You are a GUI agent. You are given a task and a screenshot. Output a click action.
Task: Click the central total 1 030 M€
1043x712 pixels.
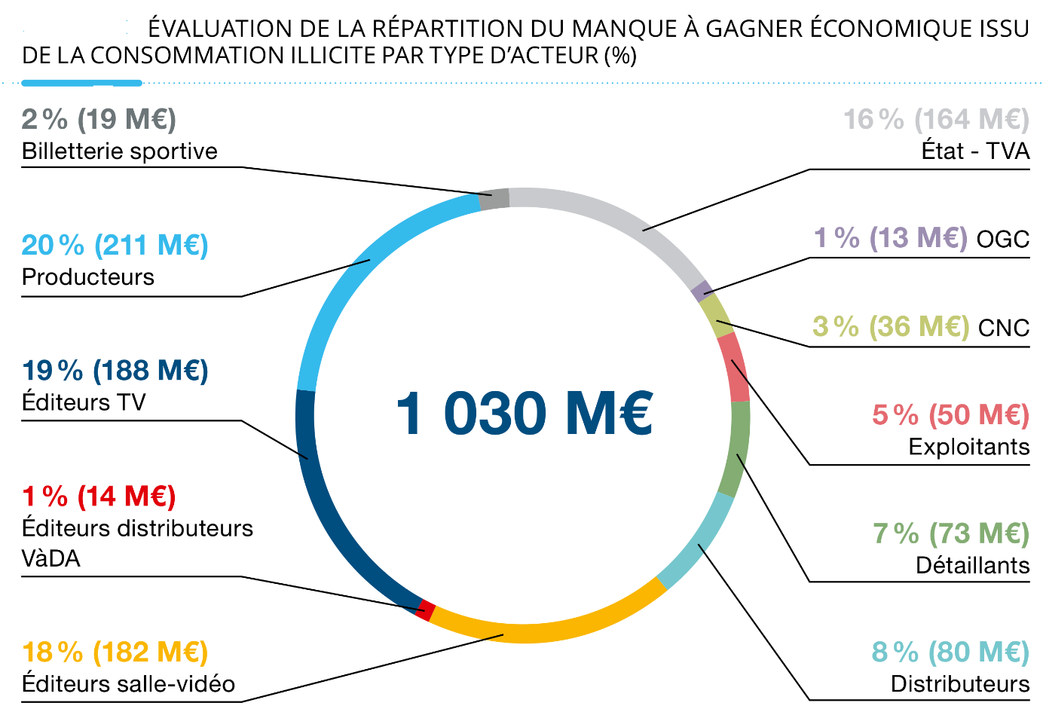524,413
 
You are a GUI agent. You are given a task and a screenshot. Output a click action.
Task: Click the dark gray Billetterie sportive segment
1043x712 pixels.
495,199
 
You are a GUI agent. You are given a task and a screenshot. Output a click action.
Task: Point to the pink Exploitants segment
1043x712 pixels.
734,368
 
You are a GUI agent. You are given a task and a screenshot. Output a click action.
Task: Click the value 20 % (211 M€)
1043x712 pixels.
115,245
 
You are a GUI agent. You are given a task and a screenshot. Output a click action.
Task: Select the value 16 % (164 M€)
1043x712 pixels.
936,119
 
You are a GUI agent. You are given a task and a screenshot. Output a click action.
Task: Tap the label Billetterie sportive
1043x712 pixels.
119,151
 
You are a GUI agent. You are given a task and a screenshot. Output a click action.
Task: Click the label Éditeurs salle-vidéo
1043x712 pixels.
128,683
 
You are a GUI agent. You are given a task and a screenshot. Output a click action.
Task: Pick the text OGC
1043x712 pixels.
1002,240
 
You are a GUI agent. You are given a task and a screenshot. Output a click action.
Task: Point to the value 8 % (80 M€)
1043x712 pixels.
950,652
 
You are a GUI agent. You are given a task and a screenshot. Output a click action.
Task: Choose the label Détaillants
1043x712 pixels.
972,565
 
